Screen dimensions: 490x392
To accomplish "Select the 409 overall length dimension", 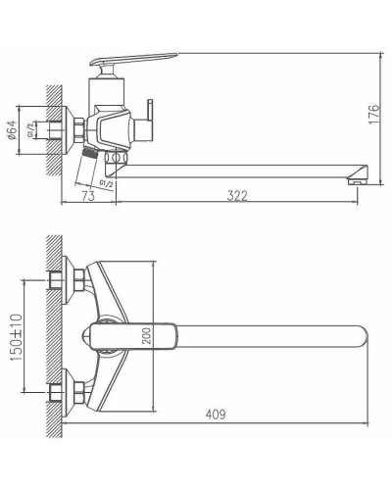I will point(216,416).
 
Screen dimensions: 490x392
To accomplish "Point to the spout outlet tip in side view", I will point(359,176).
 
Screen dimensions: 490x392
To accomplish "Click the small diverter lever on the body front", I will point(150,106).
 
